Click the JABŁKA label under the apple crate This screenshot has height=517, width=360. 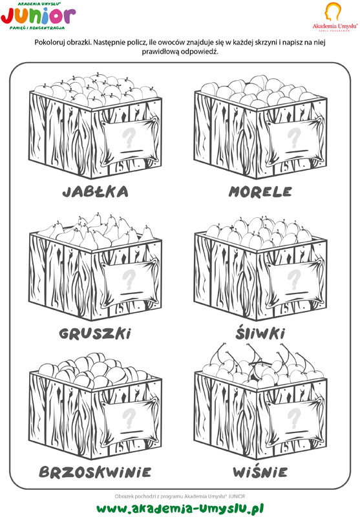(95, 191)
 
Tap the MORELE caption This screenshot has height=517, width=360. (260, 191)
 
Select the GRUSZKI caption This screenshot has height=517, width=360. (95, 333)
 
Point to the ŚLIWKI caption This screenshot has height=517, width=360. (260, 333)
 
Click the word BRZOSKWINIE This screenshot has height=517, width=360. (95, 472)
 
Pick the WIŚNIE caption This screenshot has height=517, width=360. (260, 471)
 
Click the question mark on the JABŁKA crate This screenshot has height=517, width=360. (129, 138)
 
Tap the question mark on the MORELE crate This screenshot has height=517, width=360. (293, 138)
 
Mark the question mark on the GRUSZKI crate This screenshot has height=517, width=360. (129, 279)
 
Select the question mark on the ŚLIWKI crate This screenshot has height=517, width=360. (293, 279)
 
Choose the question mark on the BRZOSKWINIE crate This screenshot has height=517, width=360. (129, 417)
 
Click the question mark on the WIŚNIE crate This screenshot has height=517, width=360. (293, 417)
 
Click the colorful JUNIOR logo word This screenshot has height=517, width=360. (38, 16)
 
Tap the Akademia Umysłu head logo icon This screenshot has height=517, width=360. (332, 12)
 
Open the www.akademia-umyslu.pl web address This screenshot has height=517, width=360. (180, 508)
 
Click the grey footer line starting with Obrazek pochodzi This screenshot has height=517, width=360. (180, 496)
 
